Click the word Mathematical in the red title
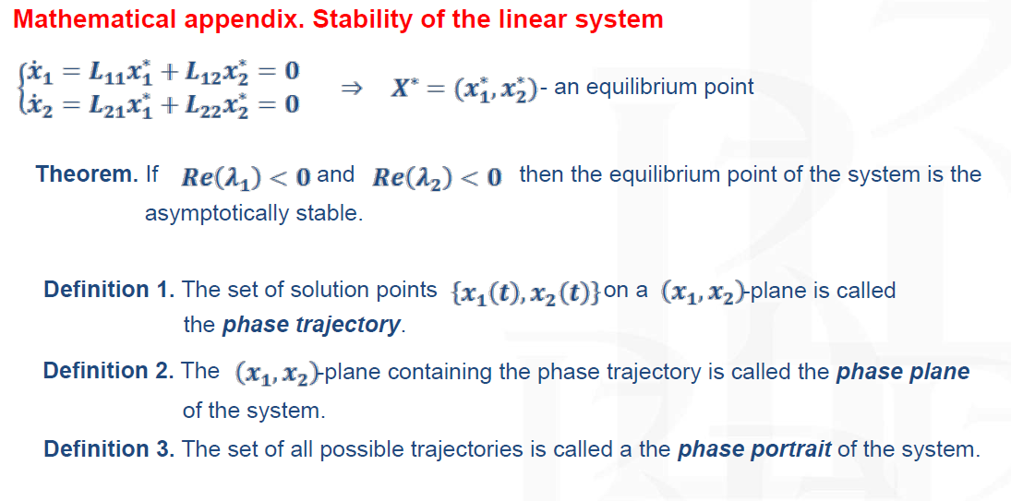pyautogui.click(x=93, y=19)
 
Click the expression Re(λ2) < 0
pyautogui.click(x=437, y=177)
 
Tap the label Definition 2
pyautogui.click(x=109, y=371)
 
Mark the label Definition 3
pyautogui.click(x=109, y=448)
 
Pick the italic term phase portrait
pyautogui.click(x=754, y=449)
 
